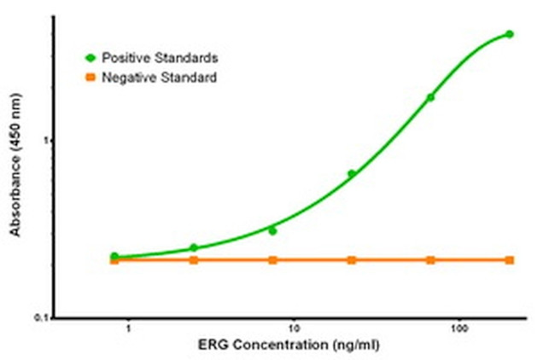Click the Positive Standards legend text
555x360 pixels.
tap(160, 58)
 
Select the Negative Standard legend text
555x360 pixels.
tap(159, 78)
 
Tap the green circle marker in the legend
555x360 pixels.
tap(90, 58)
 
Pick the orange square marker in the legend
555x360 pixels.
tap(90, 78)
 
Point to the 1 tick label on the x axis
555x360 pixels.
tap(128, 328)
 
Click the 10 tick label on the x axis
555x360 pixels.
tap(293, 328)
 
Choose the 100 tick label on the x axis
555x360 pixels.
tap(460, 328)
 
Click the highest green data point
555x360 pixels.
tap(510, 34)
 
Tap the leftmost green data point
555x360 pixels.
tap(114, 256)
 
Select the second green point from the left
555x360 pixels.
tap(194, 247)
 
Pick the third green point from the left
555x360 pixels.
tap(272, 230)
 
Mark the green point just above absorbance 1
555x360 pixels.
tap(430, 97)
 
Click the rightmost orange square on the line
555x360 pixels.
tap(510, 259)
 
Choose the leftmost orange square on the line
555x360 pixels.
tap(114, 259)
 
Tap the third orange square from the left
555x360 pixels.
tap(272, 259)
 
